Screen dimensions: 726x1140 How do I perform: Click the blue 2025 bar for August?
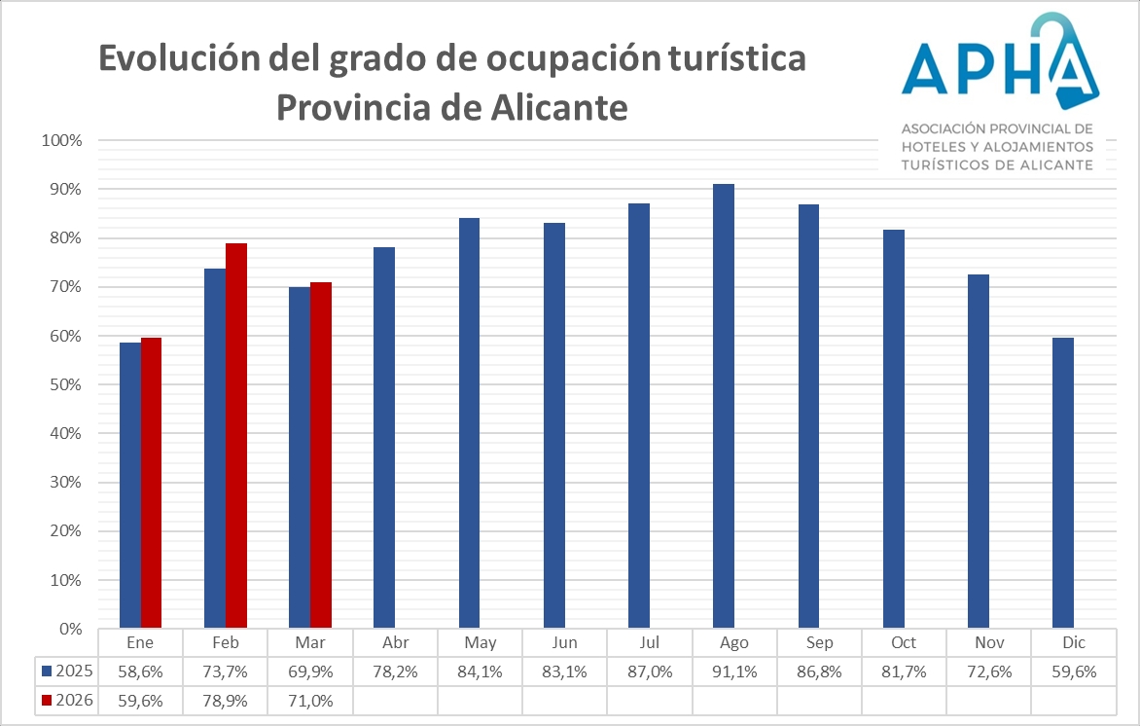724,406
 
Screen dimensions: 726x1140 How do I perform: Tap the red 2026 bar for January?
151,483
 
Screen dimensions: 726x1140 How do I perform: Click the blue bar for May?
469,422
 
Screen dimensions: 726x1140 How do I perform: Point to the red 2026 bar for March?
321,454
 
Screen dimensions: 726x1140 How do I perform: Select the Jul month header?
650,643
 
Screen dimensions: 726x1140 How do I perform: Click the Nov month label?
989,643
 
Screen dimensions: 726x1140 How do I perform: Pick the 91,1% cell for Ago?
734,671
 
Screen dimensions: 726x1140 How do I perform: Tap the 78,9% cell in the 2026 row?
225,699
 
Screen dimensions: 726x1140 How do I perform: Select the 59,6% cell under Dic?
1074,671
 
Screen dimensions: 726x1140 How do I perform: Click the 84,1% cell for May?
480,671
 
